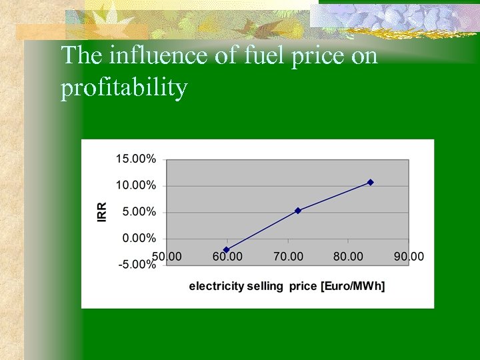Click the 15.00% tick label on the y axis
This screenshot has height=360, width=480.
pyautogui.click(x=137, y=159)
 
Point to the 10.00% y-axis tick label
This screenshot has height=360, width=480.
pyautogui.click(x=137, y=185)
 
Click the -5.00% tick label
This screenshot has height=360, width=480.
pyautogui.click(x=137, y=264)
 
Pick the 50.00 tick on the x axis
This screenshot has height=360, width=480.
pyautogui.click(x=167, y=256)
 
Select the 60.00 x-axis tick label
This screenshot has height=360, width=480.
pyautogui.click(x=227, y=256)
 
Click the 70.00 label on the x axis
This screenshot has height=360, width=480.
pyautogui.click(x=287, y=256)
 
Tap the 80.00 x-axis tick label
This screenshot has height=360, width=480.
pyautogui.click(x=348, y=256)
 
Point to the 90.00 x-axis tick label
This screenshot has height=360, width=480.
pyautogui.click(x=408, y=256)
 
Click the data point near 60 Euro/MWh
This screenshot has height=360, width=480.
pyautogui.click(x=227, y=249)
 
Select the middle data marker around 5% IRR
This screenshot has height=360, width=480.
pyautogui.click(x=298, y=211)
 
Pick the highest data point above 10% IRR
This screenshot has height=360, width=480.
pyautogui.click(x=371, y=182)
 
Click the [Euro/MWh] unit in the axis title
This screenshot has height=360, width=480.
pyautogui.click(x=353, y=286)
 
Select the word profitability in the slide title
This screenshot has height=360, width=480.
pyautogui.click(x=124, y=88)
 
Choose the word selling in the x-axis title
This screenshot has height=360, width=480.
pyautogui.click(x=262, y=286)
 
